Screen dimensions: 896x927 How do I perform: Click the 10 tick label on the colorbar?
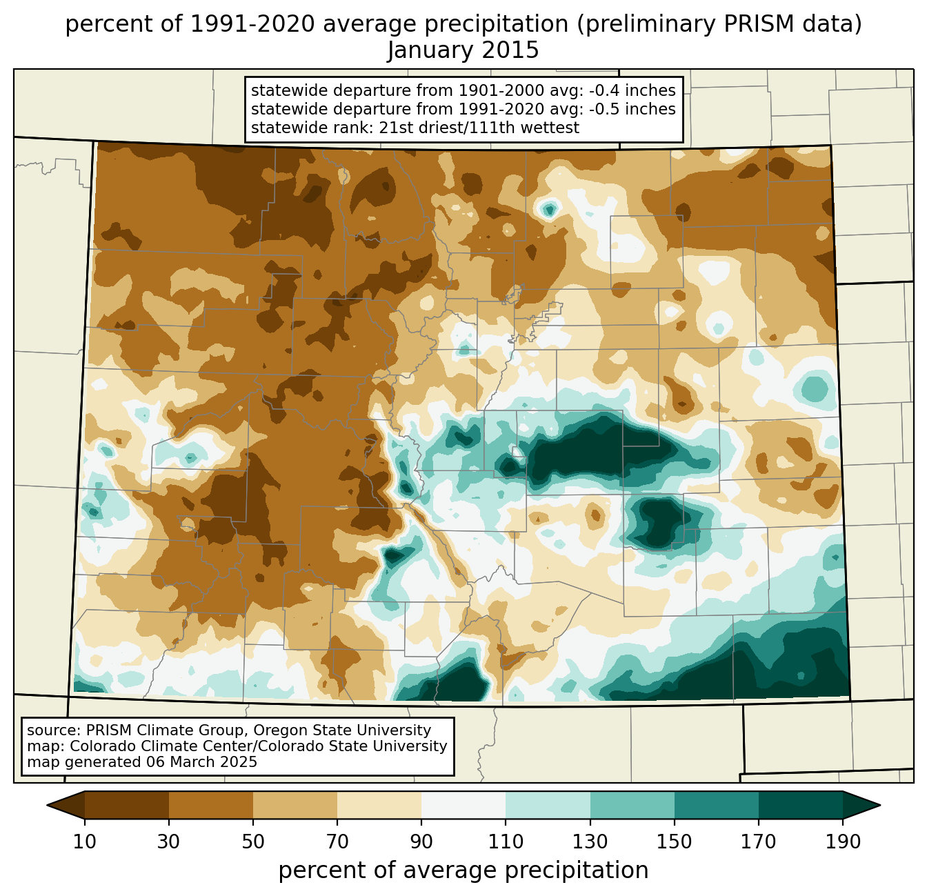point(85,842)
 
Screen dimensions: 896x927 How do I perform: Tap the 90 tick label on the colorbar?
point(421,842)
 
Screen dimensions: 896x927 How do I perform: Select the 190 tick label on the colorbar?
point(842,842)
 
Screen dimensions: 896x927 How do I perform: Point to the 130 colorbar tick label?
point(590,842)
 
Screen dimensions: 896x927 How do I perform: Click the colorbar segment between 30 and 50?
point(211,805)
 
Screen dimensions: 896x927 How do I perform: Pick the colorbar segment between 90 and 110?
point(464,805)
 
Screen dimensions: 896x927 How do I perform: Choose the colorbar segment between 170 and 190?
point(800,805)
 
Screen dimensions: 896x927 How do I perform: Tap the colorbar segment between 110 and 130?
point(548,805)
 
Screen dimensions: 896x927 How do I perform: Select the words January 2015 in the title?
point(464,50)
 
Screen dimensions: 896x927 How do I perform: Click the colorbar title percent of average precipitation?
point(464,870)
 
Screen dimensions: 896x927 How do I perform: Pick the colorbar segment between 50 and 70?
point(295,805)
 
